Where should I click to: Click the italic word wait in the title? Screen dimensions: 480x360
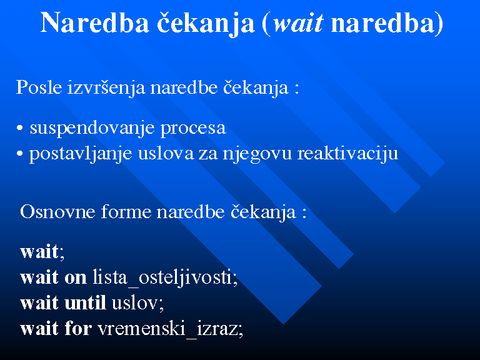299,24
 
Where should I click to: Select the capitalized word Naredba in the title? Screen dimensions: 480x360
95,23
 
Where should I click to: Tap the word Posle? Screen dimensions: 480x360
39,87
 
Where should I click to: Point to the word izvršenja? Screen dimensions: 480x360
106,88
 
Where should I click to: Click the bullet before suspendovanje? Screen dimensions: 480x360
20,128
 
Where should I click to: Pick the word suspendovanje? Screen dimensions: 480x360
92,129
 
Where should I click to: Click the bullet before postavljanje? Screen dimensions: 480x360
20,154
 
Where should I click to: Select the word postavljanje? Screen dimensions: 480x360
81,154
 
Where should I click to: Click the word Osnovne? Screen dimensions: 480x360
57,211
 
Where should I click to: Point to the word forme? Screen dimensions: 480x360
126,211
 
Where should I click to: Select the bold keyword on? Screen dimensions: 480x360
75,278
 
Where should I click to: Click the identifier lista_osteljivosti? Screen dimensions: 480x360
164,278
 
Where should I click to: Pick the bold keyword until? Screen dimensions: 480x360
85,303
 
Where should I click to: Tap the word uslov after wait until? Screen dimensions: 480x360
136,303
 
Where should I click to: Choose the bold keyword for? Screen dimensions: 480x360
78,328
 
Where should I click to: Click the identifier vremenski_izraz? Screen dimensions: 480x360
169,329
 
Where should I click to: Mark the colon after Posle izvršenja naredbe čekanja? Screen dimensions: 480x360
296,89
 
